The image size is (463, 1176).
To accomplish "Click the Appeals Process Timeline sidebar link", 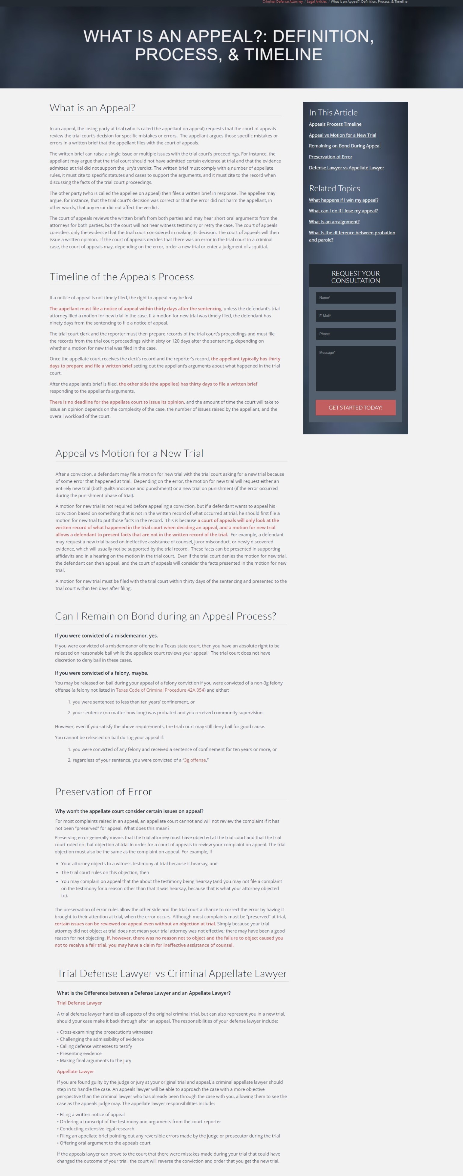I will coord(335,124).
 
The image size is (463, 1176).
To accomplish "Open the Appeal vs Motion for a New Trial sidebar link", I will coord(342,135).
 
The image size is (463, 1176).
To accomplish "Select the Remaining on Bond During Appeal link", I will coord(345,146).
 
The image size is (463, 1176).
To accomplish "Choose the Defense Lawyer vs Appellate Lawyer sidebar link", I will coord(346,168).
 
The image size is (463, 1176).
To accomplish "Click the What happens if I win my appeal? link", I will coord(343,200).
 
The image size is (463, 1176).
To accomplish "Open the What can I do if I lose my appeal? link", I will coord(343,211).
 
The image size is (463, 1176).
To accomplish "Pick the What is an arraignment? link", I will coord(334,222).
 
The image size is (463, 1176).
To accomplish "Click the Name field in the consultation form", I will coord(355,298).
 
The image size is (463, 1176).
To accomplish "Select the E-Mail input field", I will coord(355,316).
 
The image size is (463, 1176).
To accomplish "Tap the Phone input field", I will coord(355,334).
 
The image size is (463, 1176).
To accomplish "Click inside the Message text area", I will coord(355,369).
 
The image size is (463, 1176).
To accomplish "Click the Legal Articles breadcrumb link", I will coord(317,2).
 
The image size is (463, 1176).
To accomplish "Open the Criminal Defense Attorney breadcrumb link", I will coord(282,2).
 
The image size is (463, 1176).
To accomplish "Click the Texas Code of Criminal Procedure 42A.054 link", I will coord(160,690).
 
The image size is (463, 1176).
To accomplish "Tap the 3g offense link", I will coord(195,760).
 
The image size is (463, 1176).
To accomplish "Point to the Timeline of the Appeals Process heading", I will coord(122,277).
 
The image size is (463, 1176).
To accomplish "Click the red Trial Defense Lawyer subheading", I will coord(79,1003).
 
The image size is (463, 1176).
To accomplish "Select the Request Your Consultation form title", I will coord(355,277).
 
